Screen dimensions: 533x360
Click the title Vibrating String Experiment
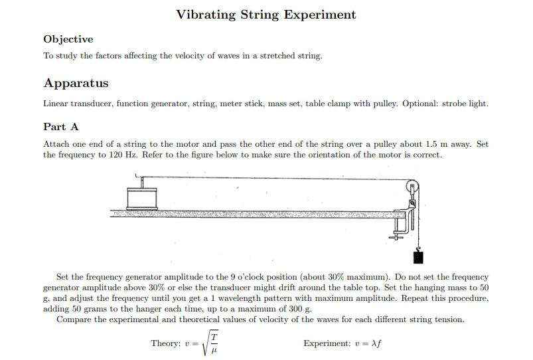(266, 15)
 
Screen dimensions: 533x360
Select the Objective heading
(68, 39)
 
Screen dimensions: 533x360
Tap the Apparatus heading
(76, 83)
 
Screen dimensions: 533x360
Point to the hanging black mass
(418, 256)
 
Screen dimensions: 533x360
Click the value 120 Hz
(123, 155)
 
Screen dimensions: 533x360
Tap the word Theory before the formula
(166, 343)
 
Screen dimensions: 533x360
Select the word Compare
(74, 319)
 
